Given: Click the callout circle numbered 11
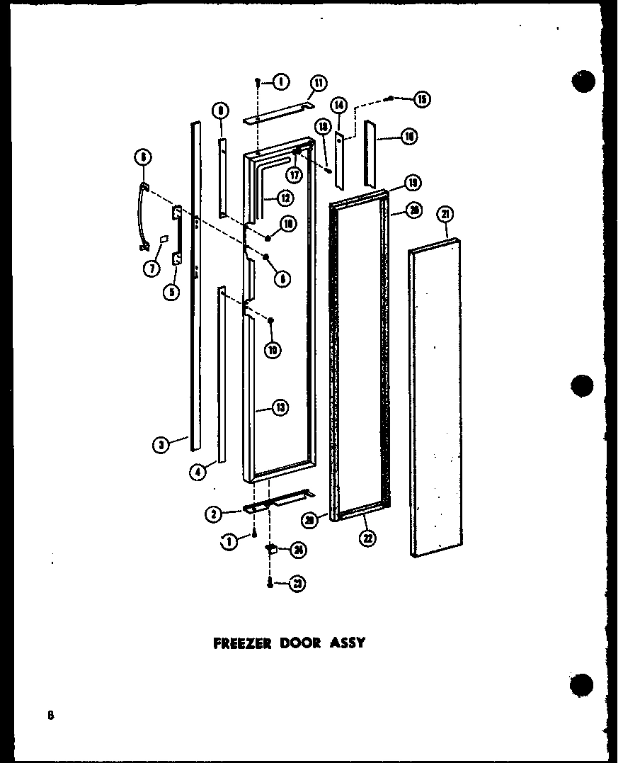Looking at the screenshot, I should (318, 83).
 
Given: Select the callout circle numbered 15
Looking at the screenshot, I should (423, 99).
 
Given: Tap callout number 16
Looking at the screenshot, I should (408, 136).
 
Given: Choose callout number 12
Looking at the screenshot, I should (285, 199).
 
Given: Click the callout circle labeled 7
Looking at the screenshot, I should (151, 269).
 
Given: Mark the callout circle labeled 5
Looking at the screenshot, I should (171, 290).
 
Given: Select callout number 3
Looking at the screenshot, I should (162, 444).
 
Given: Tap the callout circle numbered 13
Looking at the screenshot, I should (280, 407).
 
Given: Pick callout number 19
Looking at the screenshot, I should (412, 183).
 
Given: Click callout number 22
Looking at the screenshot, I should (368, 538).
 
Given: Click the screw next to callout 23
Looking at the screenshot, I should (270, 583).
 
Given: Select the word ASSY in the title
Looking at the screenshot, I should (348, 643).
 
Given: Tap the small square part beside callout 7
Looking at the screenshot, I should (164, 240).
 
